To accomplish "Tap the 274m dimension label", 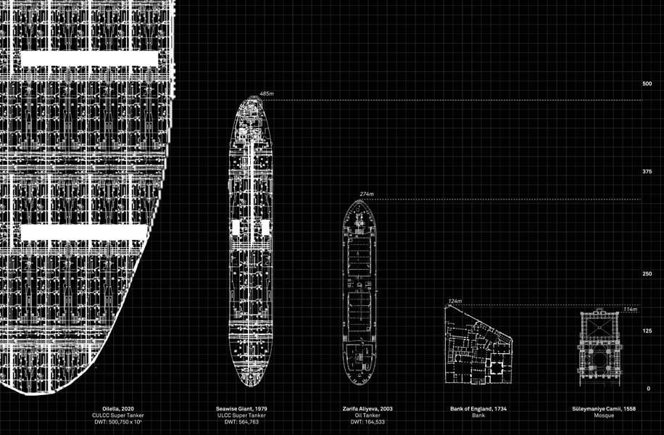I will pos(367,194).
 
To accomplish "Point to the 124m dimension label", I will pos(455,301).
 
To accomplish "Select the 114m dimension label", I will pos(630,310).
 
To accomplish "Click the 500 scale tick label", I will pos(647,84).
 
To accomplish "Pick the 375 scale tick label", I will pos(647,172).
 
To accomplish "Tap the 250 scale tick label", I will pos(647,273).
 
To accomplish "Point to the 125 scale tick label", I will pos(647,331).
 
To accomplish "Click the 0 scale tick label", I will pos(649,389).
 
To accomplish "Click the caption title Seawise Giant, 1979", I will pos(242,409).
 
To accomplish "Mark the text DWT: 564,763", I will pos(242,422).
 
